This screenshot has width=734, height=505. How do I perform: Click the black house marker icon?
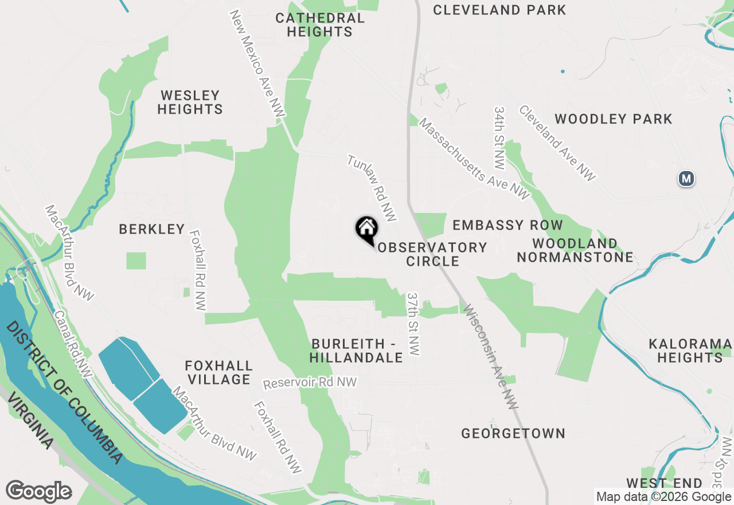tap(367, 230)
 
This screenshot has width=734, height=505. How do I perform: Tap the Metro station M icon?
tap(686, 178)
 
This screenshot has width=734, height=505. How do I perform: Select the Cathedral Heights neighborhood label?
tap(319, 25)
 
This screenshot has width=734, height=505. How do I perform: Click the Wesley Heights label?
tap(190, 102)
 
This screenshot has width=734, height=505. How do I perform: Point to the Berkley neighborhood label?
tap(152, 229)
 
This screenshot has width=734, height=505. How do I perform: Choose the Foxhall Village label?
tap(218, 372)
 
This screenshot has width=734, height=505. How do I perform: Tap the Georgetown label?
tap(513, 433)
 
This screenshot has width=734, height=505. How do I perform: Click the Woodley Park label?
tap(613, 119)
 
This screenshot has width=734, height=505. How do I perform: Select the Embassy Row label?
tap(507, 225)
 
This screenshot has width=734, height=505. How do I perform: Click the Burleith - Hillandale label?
tap(357, 350)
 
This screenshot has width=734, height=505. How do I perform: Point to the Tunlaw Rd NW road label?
tap(372, 188)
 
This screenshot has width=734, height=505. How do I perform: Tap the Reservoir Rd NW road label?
tap(310, 383)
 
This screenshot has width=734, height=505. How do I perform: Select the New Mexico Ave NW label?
tap(257, 64)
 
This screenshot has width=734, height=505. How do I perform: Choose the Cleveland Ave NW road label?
tap(557, 143)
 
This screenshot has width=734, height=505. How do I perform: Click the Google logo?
tap(38, 492)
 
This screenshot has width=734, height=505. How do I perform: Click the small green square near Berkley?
tap(136, 261)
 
